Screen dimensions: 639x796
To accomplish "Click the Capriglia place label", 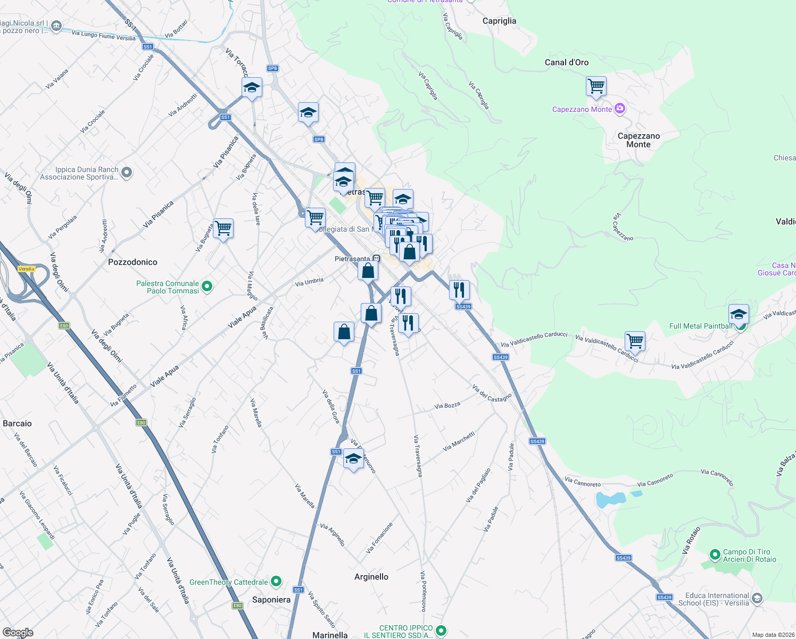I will click(499, 21).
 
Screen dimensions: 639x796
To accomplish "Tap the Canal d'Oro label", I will click(567, 62).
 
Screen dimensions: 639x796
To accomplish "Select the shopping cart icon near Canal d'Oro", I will click(596, 86).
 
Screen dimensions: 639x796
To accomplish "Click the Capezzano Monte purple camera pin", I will click(619, 109).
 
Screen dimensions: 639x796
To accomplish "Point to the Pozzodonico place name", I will click(132, 262).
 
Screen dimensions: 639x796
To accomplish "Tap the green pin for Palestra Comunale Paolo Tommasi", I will click(207, 286).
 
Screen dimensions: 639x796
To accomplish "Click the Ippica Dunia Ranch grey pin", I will click(127, 172).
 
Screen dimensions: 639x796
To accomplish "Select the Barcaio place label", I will click(17, 423).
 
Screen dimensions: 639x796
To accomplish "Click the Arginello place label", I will click(371, 577).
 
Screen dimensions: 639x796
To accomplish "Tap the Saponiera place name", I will click(271, 600).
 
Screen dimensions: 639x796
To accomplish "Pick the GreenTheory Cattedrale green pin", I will click(276, 581).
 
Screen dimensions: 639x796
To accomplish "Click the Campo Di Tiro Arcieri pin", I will click(715, 555).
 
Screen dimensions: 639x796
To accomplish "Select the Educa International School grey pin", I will click(757, 599).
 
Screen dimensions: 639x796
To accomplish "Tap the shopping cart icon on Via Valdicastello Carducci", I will click(635, 340).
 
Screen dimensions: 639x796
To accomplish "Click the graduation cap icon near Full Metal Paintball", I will click(739, 314).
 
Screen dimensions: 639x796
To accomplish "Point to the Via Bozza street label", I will click(447, 406).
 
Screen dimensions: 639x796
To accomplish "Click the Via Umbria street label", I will click(309, 282).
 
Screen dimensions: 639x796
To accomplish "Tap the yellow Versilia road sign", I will click(27, 269).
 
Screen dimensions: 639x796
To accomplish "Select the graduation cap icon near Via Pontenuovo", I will click(353, 459).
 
